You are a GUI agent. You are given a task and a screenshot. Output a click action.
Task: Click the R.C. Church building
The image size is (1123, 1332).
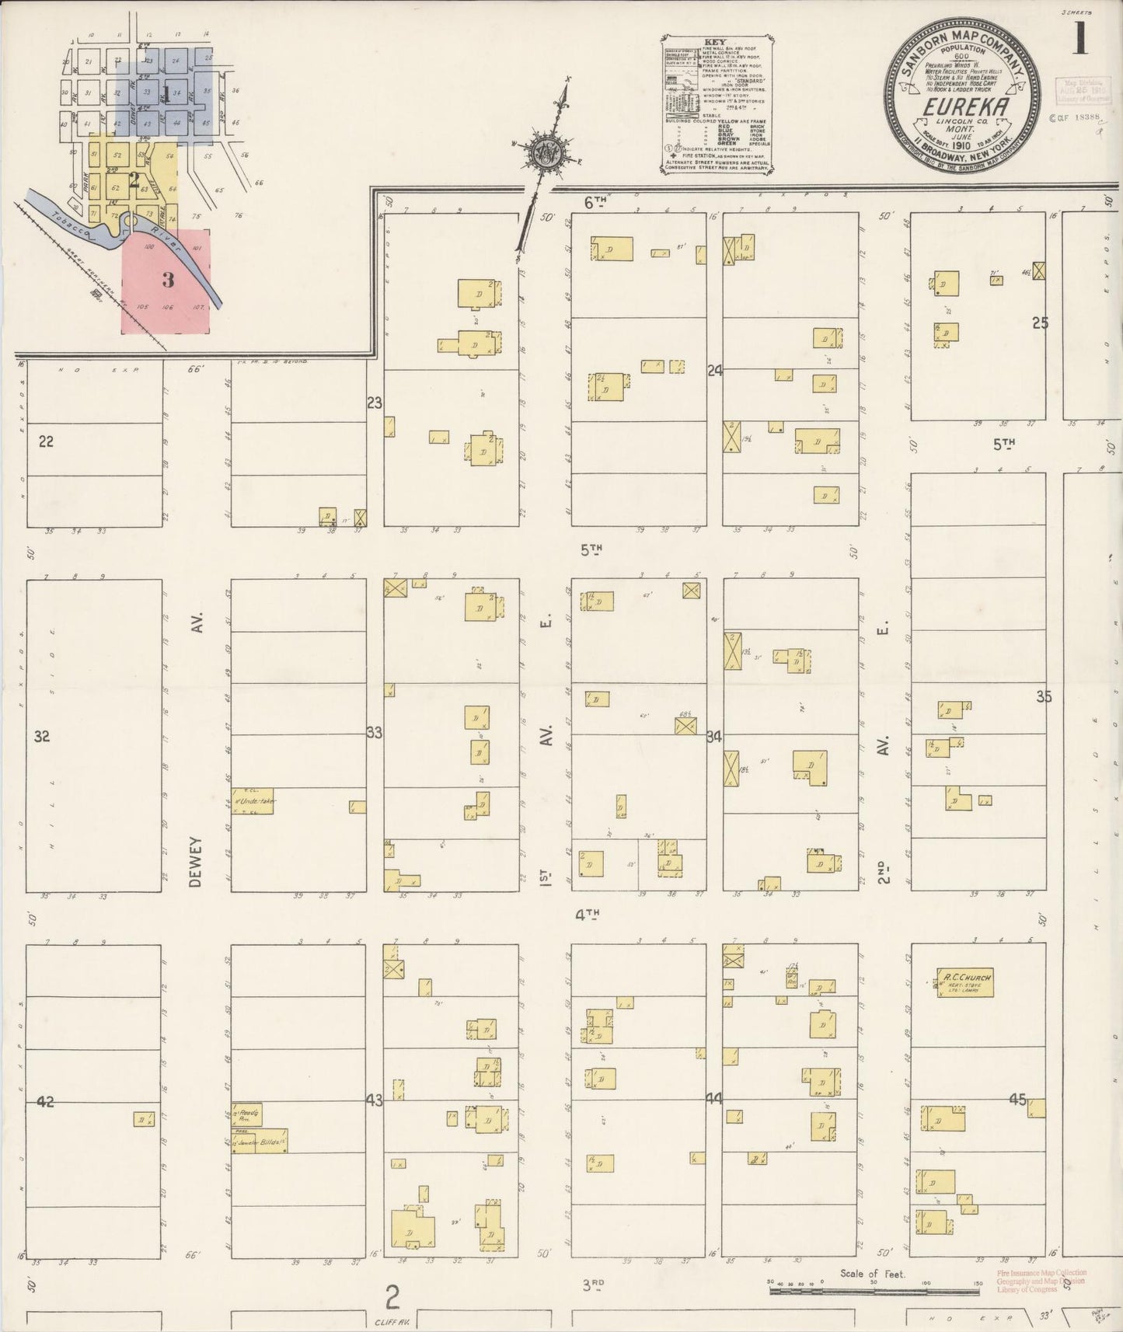(x=964, y=982)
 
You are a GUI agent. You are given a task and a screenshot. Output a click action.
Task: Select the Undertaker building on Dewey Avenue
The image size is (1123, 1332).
(x=253, y=801)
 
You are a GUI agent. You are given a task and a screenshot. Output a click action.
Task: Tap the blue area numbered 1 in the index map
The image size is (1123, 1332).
(x=166, y=95)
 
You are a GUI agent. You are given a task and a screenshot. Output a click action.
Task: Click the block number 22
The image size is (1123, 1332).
(x=46, y=441)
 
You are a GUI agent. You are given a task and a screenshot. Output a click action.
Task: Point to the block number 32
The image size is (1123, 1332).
(x=42, y=736)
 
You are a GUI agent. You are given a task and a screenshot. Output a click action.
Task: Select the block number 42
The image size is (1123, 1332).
(x=45, y=1101)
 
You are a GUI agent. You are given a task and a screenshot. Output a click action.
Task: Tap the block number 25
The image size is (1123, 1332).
(x=1040, y=323)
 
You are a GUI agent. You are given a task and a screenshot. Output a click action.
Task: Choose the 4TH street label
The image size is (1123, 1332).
(x=588, y=915)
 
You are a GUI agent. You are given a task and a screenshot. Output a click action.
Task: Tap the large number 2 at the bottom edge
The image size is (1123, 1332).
(x=393, y=1297)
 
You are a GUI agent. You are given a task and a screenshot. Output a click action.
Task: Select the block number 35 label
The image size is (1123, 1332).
(x=1044, y=696)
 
